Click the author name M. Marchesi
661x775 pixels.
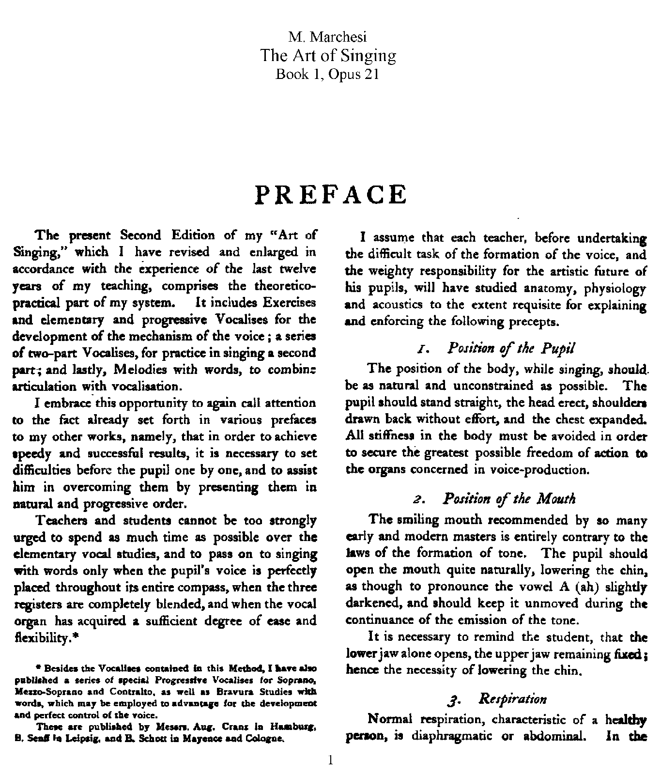click(330, 37)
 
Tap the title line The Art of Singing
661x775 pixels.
click(328, 56)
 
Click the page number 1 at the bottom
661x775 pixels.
click(330, 760)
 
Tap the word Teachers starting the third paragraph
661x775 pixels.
click(63, 521)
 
